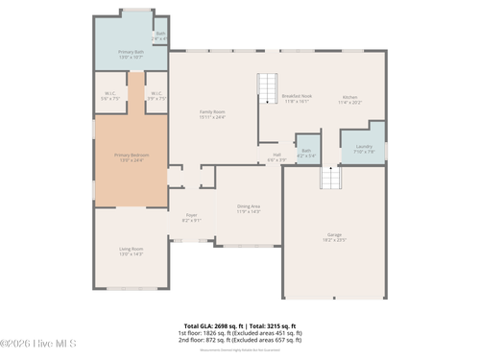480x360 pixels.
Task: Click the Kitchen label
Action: tap(350, 98)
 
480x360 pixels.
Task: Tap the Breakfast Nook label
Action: tap(297, 98)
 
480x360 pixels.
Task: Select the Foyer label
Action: tap(191, 218)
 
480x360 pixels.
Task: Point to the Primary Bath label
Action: tap(131, 54)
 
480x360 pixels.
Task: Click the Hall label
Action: tap(276, 156)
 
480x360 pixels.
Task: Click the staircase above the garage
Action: tap(329, 179)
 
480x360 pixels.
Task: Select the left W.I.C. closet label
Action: tap(109, 95)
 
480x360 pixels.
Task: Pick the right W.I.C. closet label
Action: tap(157, 95)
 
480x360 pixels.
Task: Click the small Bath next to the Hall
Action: tap(306, 152)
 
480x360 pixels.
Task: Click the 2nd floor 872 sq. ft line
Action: tap(240, 340)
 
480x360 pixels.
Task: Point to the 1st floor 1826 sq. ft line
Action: tap(240, 333)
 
